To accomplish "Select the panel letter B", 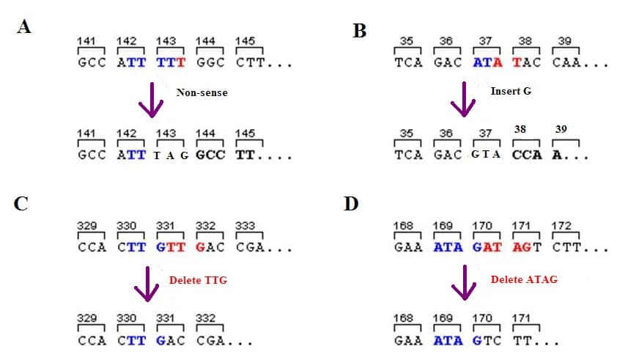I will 360,32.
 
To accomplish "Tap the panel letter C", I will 21,203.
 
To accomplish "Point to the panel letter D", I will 351,202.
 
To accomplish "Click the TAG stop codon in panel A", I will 171,155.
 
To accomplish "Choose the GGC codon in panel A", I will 209,63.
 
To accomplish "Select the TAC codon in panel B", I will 526,63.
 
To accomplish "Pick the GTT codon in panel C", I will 169,247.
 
